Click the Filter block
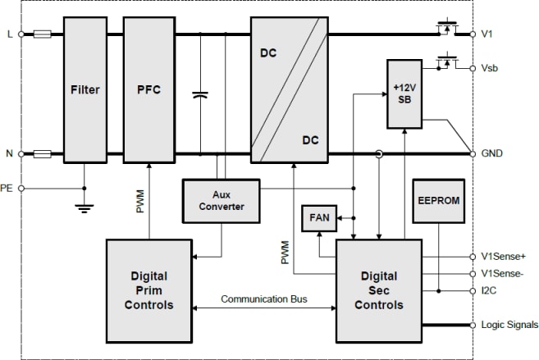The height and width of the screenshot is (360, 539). click(x=85, y=89)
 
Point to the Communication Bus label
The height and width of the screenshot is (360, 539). click(x=263, y=298)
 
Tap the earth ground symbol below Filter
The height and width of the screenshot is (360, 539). click(x=84, y=207)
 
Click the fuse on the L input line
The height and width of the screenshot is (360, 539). click(x=43, y=34)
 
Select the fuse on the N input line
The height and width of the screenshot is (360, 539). click(x=43, y=153)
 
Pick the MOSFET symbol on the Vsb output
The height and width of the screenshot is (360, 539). click(x=446, y=62)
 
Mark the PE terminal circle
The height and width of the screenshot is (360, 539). click(x=21, y=188)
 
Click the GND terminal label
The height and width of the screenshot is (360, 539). click(x=492, y=153)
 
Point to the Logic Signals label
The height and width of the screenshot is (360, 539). click(x=509, y=324)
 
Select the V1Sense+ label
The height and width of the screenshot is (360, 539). click(x=502, y=256)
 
